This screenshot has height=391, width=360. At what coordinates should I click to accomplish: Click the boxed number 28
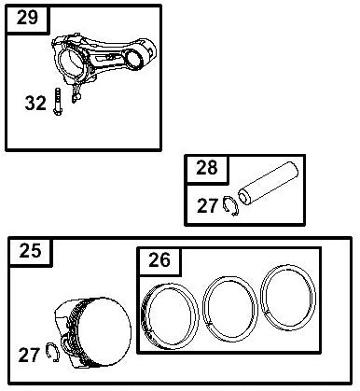pos(206,169)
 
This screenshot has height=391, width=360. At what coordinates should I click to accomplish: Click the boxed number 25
pos(30,250)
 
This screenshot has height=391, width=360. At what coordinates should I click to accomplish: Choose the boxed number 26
pos(159,261)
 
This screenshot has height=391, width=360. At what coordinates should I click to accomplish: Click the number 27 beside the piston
pos(30,355)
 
